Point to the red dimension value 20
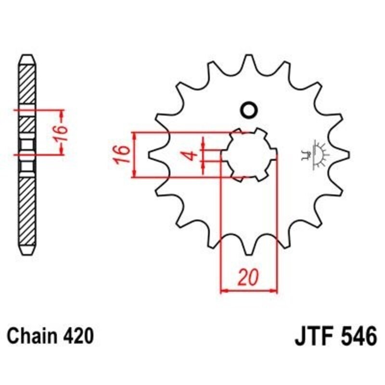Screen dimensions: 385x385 coord(249,278)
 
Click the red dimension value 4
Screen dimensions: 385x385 coord(191,155)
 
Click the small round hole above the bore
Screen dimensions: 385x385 coord(249,110)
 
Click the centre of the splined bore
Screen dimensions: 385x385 coord(249,154)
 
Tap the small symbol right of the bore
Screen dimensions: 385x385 coord(318,154)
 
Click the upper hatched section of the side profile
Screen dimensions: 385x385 coord(27,84)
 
